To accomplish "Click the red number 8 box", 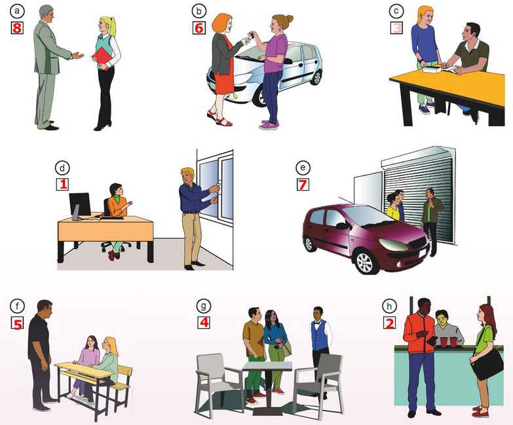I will tap(17, 28).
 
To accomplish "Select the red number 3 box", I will tap(395, 28).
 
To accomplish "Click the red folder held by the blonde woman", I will tap(104, 58).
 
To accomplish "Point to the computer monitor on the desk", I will tap(80, 204).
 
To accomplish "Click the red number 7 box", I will tap(302, 184).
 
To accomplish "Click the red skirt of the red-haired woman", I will tap(223, 83).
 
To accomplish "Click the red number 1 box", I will tap(63, 184).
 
